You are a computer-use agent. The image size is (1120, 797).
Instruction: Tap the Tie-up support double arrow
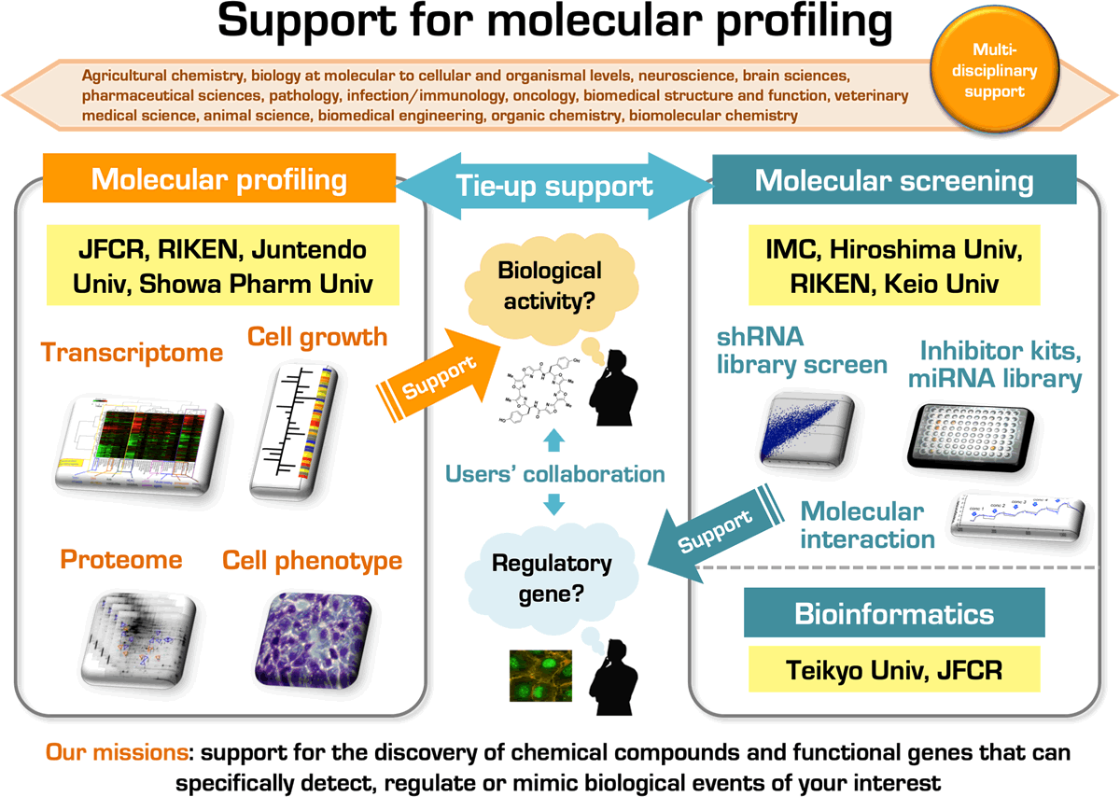click(553, 184)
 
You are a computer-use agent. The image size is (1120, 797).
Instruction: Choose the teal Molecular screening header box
click(893, 180)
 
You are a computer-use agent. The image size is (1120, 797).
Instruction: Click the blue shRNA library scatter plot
click(808, 428)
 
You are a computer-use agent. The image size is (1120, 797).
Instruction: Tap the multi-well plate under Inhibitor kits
click(990, 433)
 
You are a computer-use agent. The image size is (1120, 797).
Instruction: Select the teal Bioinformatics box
click(893, 613)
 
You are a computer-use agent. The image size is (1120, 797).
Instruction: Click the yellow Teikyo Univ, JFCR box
click(893, 669)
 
